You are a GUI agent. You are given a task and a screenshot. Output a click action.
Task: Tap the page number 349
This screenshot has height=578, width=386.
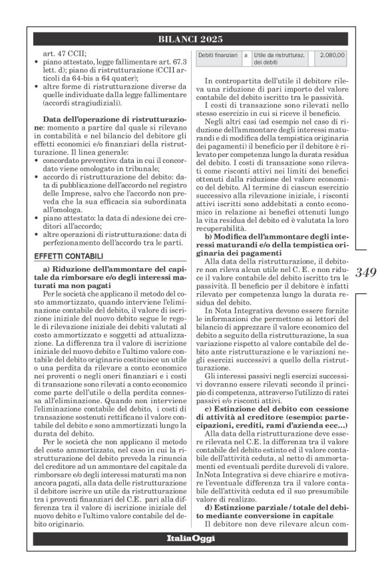pos(367,271)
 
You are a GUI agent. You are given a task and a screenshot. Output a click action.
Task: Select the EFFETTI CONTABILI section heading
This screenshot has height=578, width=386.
pos(64,255)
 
